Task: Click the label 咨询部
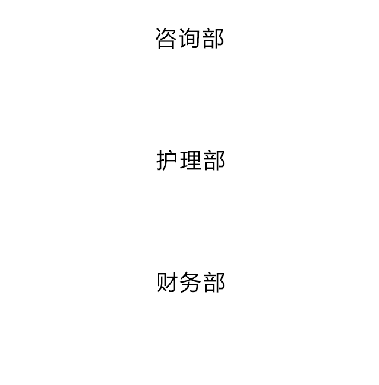tap(189, 38)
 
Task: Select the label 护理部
tap(191, 161)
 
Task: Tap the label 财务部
tap(191, 282)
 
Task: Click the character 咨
tap(166, 38)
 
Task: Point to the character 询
tap(189, 38)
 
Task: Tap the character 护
tap(167, 161)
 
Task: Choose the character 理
tap(191, 161)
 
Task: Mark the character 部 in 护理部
tap(214, 161)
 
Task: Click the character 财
tap(167, 282)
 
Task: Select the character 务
tap(191, 282)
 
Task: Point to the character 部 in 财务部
tap(214, 282)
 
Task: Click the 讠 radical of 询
tap(184, 38)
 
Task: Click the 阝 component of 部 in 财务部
tap(220, 283)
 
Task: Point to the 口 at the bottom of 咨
tap(166, 44)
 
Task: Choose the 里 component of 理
tap(195, 160)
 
